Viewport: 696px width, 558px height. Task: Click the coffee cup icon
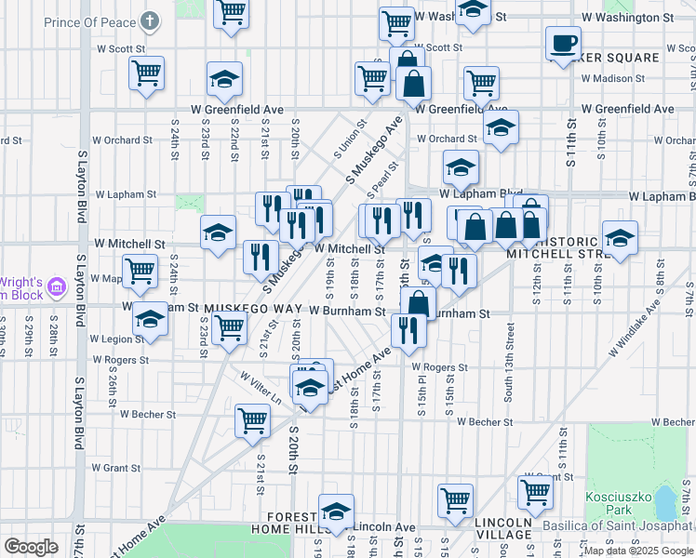pyautogui.click(x=563, y=42)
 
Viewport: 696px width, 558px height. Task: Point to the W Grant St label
pyautogui.click(x=115, y=468)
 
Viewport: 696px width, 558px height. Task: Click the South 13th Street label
pyautogui.click(x=509, y=363)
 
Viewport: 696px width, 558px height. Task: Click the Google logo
pyautogui.click(x=32, y=548)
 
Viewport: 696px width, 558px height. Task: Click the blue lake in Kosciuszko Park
pyautogui.click(x=666, y=503)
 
